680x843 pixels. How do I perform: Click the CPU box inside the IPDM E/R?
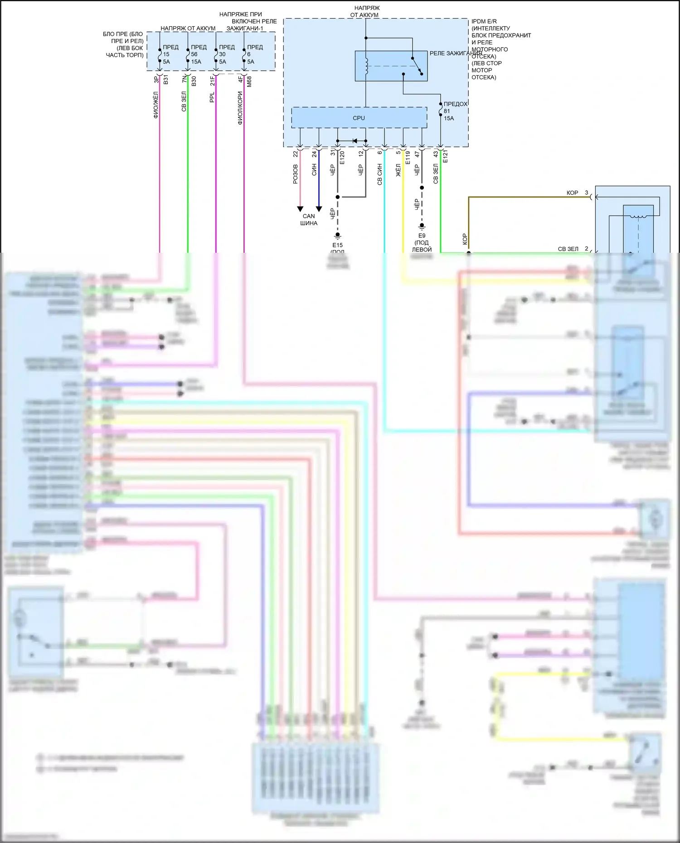359,118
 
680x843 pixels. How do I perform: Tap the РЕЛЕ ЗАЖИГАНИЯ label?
456,53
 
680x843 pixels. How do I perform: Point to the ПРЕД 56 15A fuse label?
198,54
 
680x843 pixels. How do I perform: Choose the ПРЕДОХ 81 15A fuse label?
454,111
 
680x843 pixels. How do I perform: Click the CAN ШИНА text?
309,220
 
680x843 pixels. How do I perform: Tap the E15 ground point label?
337,245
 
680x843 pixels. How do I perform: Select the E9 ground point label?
422,236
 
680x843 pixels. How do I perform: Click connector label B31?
166,80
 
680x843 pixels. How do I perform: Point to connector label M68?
249,82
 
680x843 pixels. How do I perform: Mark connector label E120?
342,158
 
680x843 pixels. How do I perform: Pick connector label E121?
445,157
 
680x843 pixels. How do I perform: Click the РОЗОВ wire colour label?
296,174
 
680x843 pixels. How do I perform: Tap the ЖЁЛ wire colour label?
398,170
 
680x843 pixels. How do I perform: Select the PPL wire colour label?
212,97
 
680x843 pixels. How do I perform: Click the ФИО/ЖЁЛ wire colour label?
155,105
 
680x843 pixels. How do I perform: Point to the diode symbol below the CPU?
355,141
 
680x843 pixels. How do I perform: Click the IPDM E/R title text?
484,21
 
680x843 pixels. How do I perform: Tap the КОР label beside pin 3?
572,193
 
